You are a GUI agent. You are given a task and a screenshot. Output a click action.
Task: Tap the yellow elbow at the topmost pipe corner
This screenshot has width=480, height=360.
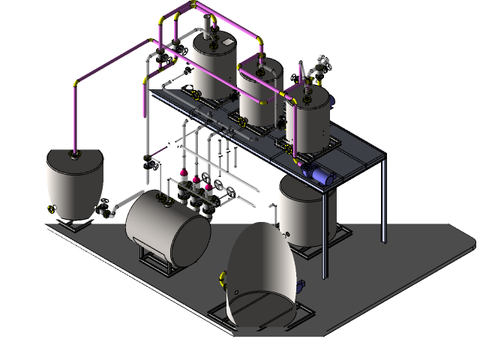pyautogui.click(x=193, y=6)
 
